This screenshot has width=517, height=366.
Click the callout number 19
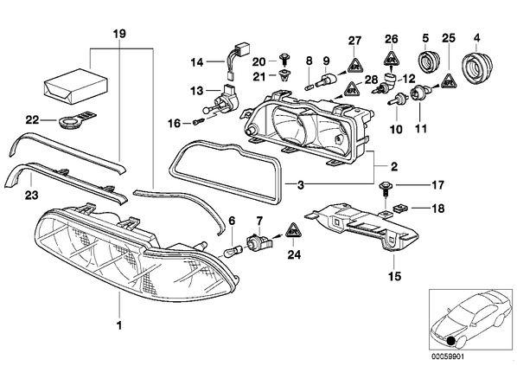[x=119, y=34]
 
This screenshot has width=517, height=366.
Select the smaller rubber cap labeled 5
[x=427, y=61]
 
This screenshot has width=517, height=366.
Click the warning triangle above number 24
[x=293, y=230]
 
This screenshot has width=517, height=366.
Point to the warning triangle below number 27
[x=354, y=63]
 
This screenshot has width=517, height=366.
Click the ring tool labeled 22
[x=76, y=120]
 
